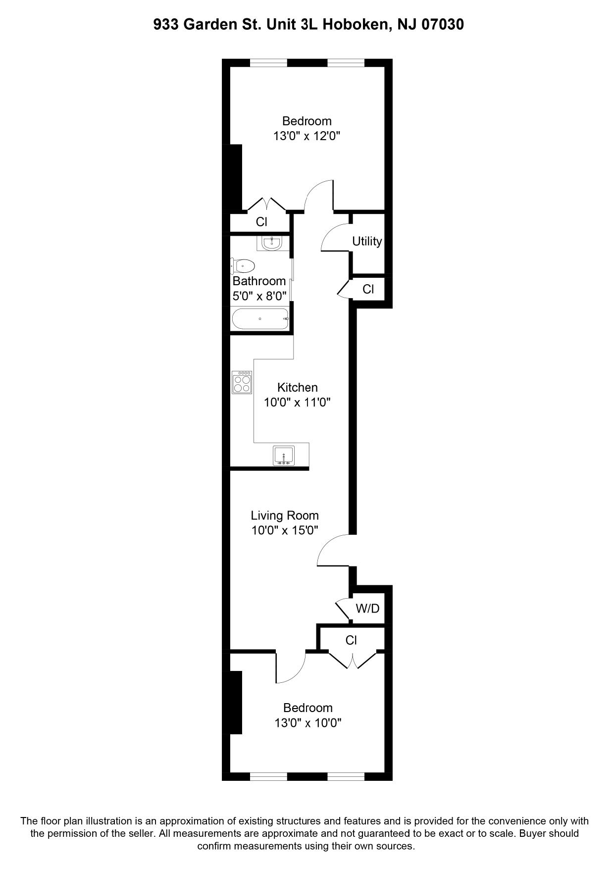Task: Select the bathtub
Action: [x=259, y=319]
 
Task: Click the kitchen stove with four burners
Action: [x=242, y=382]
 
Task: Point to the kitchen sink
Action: [x=284, y=456]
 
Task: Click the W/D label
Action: [x=367, y=609]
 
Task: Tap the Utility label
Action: [x=367, y=241]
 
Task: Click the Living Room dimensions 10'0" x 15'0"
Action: [x=285, y=530]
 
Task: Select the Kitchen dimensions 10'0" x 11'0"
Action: [x=297, y=403]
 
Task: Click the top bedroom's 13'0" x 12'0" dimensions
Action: [x=307, y=136]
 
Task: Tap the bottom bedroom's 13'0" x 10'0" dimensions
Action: [x=308, y=723]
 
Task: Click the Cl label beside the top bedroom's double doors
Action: [x=261, y=222]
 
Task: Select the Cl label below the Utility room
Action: [x=368, y=289]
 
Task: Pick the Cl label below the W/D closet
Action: [x=351, y=640]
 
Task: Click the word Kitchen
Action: [x=297, y=387]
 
